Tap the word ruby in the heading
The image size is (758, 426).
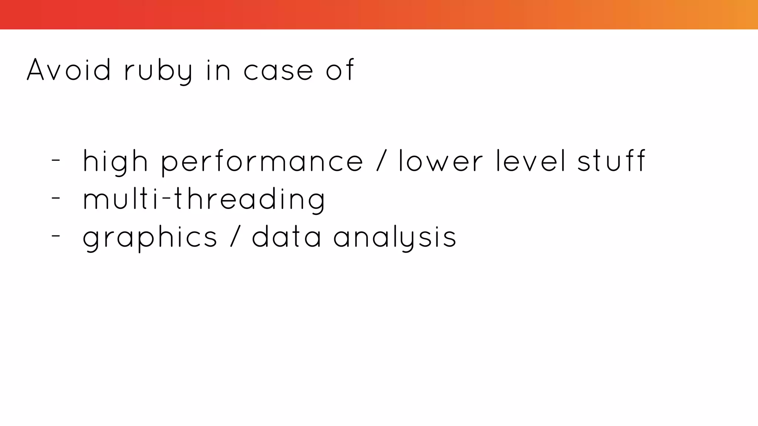click(158, 71)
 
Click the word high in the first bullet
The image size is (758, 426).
click(115, 162)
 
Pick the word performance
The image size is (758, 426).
click(262, 162)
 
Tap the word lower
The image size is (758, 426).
click(440, 161)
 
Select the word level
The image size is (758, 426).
click(531, 161)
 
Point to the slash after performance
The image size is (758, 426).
click(382, 161)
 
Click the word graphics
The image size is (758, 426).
click(150, 237)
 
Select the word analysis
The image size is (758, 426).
click(395, 237)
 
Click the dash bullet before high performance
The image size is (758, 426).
click(56, 160)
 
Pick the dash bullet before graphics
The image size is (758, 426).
click(56, 236)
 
